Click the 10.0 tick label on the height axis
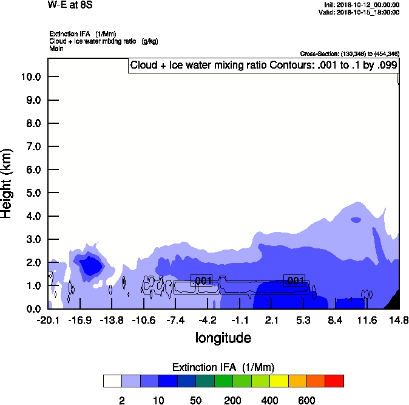(x=30, y=77)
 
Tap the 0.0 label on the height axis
(x=32, y=309)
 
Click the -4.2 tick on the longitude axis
(x=208, y=320)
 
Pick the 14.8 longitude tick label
(x=399, y=320)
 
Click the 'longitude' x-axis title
(x=223, y=337)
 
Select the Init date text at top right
(x=362, y=5)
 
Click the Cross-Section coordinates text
(x=350, y=54)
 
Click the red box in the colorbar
(x=334, y=381)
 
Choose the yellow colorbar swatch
(x=279, y=381)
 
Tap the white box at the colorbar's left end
(x=112, y=381)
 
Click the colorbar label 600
(x=306, y=400)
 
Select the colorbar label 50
(x=195, y=400)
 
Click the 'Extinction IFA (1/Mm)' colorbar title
(x=223, y=367)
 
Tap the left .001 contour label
(x=202, y=280)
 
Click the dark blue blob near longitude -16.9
(x=91, y=266)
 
